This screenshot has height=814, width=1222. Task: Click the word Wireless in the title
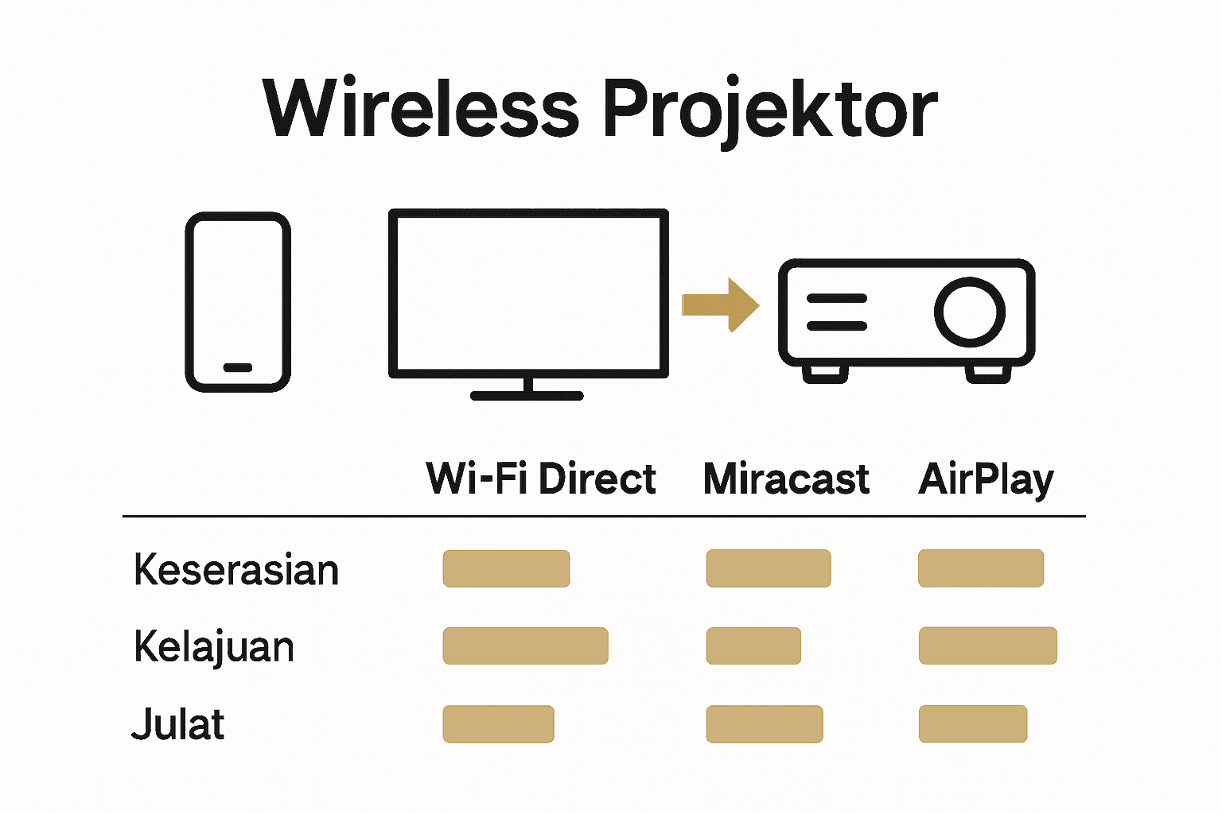click(421, 109)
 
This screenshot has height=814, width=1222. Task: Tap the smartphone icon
click(238, 302)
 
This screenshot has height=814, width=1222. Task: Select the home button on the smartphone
click(238, 368)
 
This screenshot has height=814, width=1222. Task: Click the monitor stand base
click(527, 395)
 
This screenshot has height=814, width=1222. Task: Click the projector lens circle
click(969, 312)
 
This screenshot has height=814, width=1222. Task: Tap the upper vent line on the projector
click(836, 299)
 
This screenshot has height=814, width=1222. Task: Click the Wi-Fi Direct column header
click(541, 479)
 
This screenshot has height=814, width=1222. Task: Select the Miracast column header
click(786, 479)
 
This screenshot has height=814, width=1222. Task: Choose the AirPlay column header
click(986, 480)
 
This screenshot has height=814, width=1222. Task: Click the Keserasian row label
click(236, 570)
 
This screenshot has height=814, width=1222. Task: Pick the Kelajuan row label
click(214, 647)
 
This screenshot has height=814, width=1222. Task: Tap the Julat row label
click(178, 724)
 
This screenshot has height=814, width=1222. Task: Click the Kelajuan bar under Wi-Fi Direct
click(525, 645)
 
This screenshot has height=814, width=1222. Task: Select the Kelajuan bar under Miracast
click(753, 645)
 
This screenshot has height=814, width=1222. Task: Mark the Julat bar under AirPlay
click(972, 723)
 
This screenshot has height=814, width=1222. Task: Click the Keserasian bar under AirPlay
click(980, 568)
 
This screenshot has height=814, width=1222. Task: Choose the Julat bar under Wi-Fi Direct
click(498, 723)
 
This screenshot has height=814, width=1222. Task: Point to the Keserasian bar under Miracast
click(768, 568)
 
